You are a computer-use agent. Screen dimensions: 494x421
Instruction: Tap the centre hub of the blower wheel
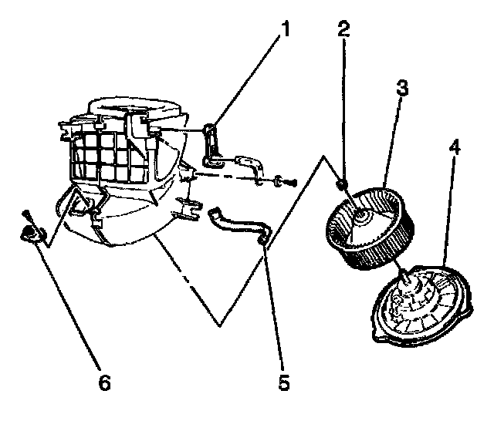coord(361,219)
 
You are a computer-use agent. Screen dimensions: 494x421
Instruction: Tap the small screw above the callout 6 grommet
coord(25,214)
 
